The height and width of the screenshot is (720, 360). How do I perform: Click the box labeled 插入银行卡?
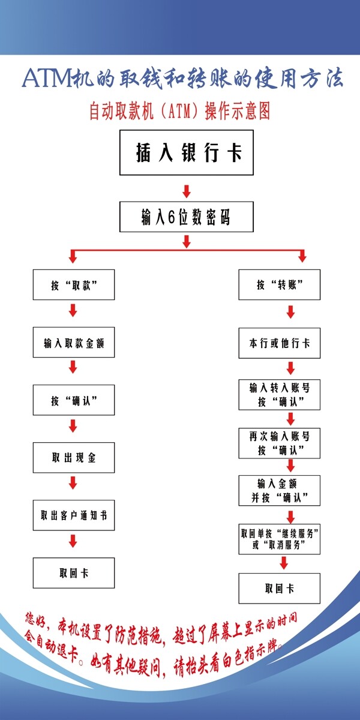186,154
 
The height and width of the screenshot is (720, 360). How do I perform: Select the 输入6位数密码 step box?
186,217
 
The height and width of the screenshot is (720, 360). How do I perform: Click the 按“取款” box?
74,285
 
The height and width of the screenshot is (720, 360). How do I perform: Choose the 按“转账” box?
279,285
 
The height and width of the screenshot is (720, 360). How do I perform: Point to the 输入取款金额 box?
74,343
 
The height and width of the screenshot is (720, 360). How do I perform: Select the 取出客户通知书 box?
74,515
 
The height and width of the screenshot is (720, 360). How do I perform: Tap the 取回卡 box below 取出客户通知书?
74,572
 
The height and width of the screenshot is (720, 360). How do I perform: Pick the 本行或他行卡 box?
279,343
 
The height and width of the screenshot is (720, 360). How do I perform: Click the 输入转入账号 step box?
279,394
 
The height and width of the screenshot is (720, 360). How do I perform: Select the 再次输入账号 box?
279,443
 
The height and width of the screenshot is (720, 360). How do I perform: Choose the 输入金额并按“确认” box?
279,490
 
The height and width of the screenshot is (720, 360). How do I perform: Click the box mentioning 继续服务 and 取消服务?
279,538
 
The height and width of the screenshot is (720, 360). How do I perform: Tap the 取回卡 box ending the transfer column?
279,588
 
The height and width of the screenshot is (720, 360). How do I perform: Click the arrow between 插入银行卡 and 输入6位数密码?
186,191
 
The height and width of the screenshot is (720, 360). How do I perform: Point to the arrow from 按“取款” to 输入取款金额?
73,311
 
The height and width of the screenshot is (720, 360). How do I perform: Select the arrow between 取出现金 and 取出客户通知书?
73,482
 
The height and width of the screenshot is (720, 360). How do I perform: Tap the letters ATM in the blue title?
46,79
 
